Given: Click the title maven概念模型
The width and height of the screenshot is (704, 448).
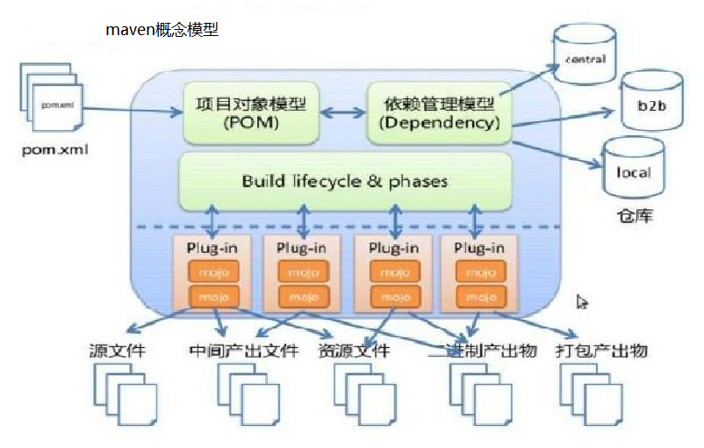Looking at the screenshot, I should coord(162,30).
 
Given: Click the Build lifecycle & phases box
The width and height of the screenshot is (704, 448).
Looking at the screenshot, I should coord(344,182).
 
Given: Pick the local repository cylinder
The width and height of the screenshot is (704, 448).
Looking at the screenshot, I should coord(632,168).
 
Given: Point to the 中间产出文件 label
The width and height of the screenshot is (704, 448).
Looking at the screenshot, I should coord(242,352).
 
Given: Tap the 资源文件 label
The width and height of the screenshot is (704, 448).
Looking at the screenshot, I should coord(355,352).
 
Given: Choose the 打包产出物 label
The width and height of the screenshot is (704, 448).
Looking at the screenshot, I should coord(601,351).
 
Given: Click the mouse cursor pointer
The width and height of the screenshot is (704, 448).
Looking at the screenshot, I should coord(582,302).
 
